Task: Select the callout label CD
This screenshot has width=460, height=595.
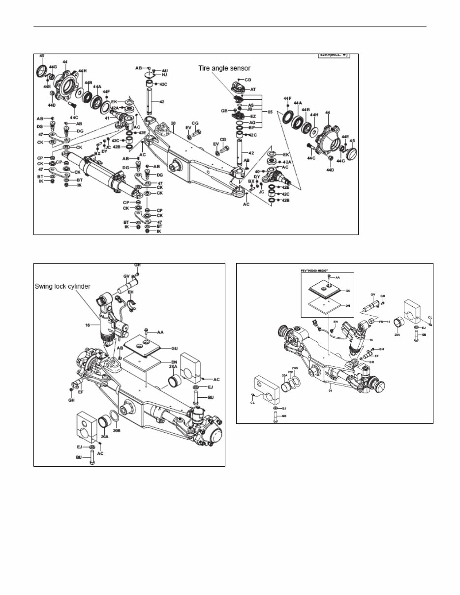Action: tap(248, 79)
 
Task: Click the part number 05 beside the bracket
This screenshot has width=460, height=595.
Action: tap(269, 112)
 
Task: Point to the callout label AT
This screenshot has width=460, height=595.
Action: tap(253, 89)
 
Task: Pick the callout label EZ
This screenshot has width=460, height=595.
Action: tap(253, 117)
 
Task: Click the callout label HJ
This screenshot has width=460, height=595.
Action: tap(164, 75)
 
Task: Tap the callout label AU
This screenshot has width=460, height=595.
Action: tap(164, 71)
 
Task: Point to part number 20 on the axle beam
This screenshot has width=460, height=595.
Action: tap(173, 123)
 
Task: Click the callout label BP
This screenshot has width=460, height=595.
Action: tap(252, 128)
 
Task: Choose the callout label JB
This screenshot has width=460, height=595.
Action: tap(250, 110)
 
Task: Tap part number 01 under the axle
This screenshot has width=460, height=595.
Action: tap(332, 392)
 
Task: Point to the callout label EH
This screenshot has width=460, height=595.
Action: tap(131, 292)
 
